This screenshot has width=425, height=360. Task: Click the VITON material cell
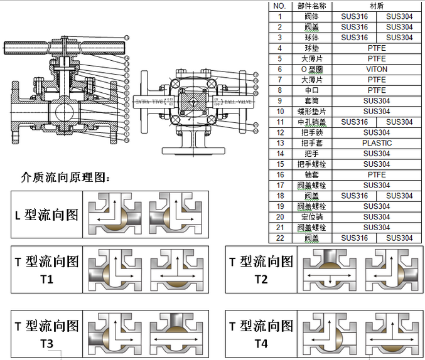pyautogui.click(x=377, y=69)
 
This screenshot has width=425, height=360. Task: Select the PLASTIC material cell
pyautogui.click(x=377, y=143)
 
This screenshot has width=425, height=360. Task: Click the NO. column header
pyautogui.click(x=280, y=6)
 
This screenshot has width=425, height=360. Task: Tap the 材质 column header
pyautogui.click(x=377, y=6)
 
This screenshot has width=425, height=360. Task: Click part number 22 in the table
pyautogui.click(x=280, y=238)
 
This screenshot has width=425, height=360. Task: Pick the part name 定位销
pyautogui.click(x=311, y=217)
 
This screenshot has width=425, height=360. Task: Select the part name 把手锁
pyautogui.click(x=311, y=132)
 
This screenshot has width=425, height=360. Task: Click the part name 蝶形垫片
pyautogui.click(x=311, y=112)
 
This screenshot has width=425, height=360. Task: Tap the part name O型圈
pyautogui.click(x=311, y=69)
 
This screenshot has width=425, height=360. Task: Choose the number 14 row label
pyautogui.click(x=280, y=154)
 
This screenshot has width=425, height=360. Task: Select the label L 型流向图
pyautogui.click(x=46, y=214)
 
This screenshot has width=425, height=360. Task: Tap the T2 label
pyautogui.click(x=261, y=279)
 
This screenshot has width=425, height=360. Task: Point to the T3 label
pyautogui.click(x=47, y=343)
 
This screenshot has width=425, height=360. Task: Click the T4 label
pyautogui.click(x=261, y=343)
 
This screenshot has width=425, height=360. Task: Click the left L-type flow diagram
pyautogui.click(x=114, y=214)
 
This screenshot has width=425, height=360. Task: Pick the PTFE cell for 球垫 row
pyautogui.click(x=377, y=48)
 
